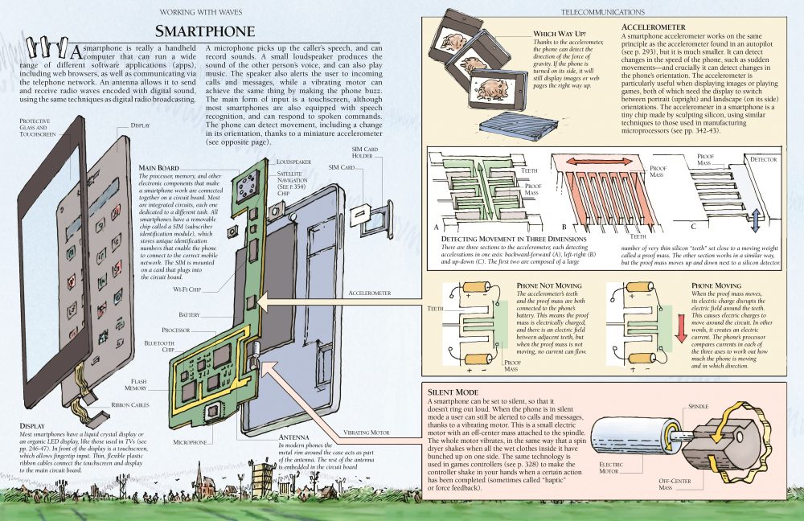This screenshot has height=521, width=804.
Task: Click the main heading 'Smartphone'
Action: coord(205,31)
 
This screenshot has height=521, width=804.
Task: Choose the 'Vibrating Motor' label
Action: coord(369,433)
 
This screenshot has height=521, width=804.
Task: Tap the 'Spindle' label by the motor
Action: coord(697,407)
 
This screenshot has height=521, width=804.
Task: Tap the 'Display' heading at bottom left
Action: coord(33,426)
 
